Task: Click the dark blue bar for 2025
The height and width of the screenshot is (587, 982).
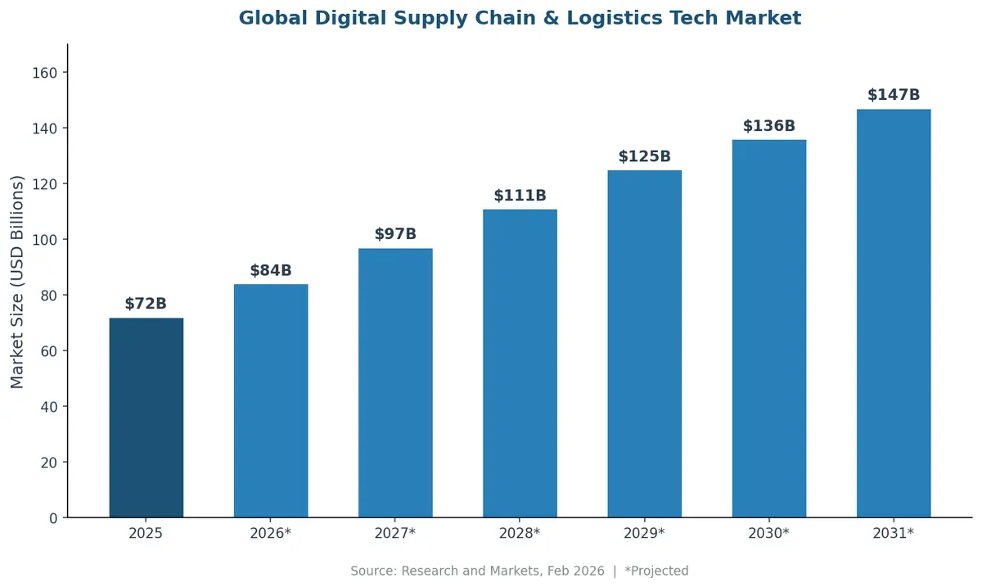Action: tap(146, 418)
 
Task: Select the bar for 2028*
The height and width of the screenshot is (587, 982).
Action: tap(520, 363)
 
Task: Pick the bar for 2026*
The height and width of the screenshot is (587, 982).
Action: tap(271, 401)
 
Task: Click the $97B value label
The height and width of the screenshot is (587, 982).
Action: tap(395, 234)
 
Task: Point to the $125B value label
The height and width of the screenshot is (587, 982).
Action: tap(644, 156)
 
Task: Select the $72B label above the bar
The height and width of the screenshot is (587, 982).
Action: tap(146, 304)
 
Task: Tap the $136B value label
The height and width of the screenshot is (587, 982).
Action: tap(768, 126)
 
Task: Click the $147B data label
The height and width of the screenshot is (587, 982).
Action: tap(893, 95)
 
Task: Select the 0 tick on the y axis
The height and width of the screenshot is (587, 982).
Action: tap(53, 518)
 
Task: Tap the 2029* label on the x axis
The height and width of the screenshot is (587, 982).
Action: tap(644, 533)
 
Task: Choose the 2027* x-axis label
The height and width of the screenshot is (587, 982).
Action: tap(395, 533)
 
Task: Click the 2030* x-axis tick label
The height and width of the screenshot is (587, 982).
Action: tap(768, 533)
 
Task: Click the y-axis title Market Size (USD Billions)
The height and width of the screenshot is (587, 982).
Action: tap(18, 282)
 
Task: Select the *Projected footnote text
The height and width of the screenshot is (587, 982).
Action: tap(656, 571)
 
